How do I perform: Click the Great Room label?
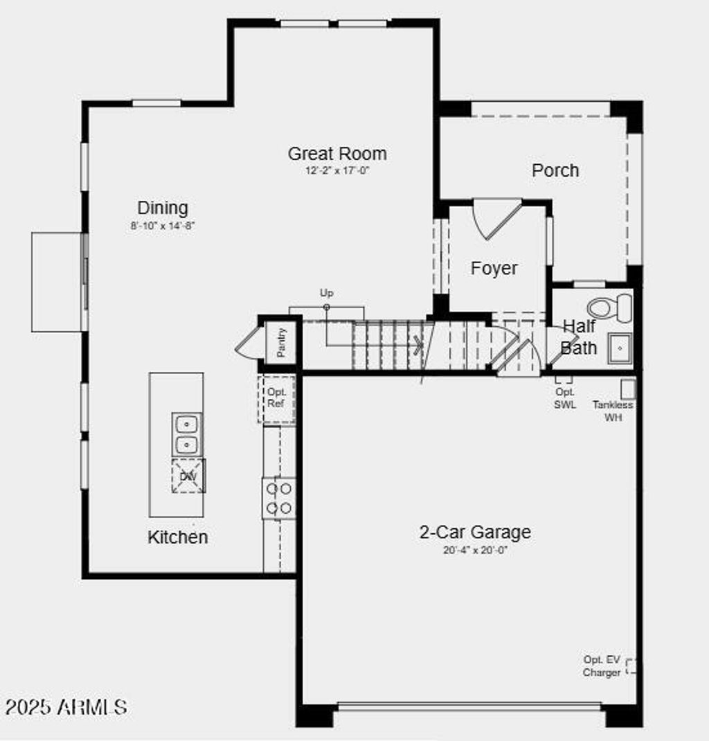click(x=337, y=153)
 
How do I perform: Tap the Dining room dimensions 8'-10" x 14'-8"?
click(x=163, y=225)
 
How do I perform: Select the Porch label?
click(x=555, y=170)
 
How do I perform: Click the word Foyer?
click(x=494, y=268)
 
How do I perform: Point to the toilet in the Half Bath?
click(x=609, y=307)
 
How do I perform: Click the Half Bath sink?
click(x=620, y=348)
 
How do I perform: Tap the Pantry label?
click(x=281, y=342)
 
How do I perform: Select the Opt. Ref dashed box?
click(x=276, y=399)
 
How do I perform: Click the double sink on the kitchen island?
click(x=187, y=434)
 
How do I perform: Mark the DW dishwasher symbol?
click(x=188, y=476)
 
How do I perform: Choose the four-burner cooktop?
click(x=279, y=499)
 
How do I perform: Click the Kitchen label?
click(x=177, y=537)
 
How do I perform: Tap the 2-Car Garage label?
click(x=475, y=532)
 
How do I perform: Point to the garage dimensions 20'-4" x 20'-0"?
click(x=475, y=551)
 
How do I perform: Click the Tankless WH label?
click(x=613, y=411)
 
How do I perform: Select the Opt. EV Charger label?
click(x=601, y=666)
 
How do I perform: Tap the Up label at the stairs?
click(x=326, y=293)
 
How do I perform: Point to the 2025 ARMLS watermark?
click(x=66, y=707)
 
